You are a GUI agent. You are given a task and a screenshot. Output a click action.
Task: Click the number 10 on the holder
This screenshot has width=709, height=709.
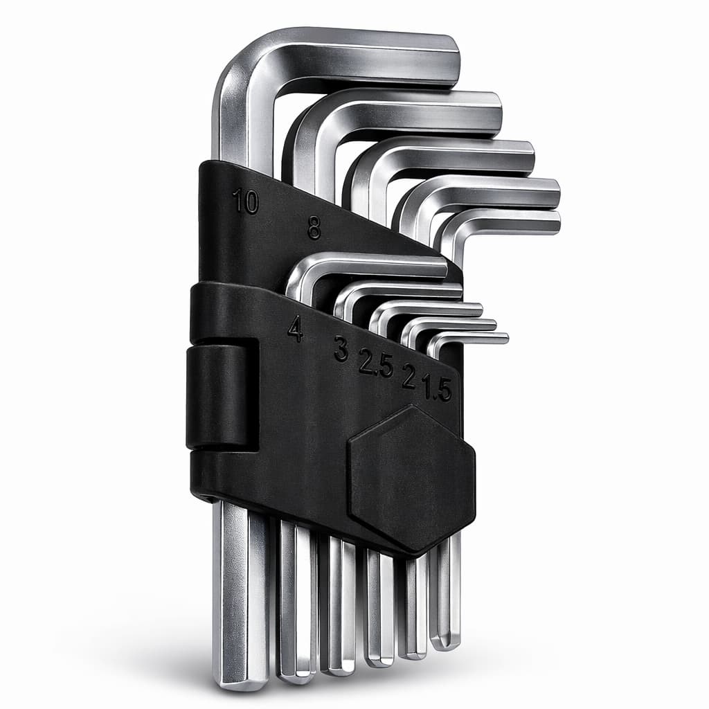click(245, 201)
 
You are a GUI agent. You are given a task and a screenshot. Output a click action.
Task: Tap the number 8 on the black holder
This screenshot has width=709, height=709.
click(314, 227)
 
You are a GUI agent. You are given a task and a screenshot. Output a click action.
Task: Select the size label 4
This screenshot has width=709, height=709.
click(296, 328)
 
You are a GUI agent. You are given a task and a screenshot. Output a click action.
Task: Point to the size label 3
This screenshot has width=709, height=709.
click(341, 348)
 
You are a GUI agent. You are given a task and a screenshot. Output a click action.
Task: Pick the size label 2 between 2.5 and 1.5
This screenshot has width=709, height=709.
click(409, 376)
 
